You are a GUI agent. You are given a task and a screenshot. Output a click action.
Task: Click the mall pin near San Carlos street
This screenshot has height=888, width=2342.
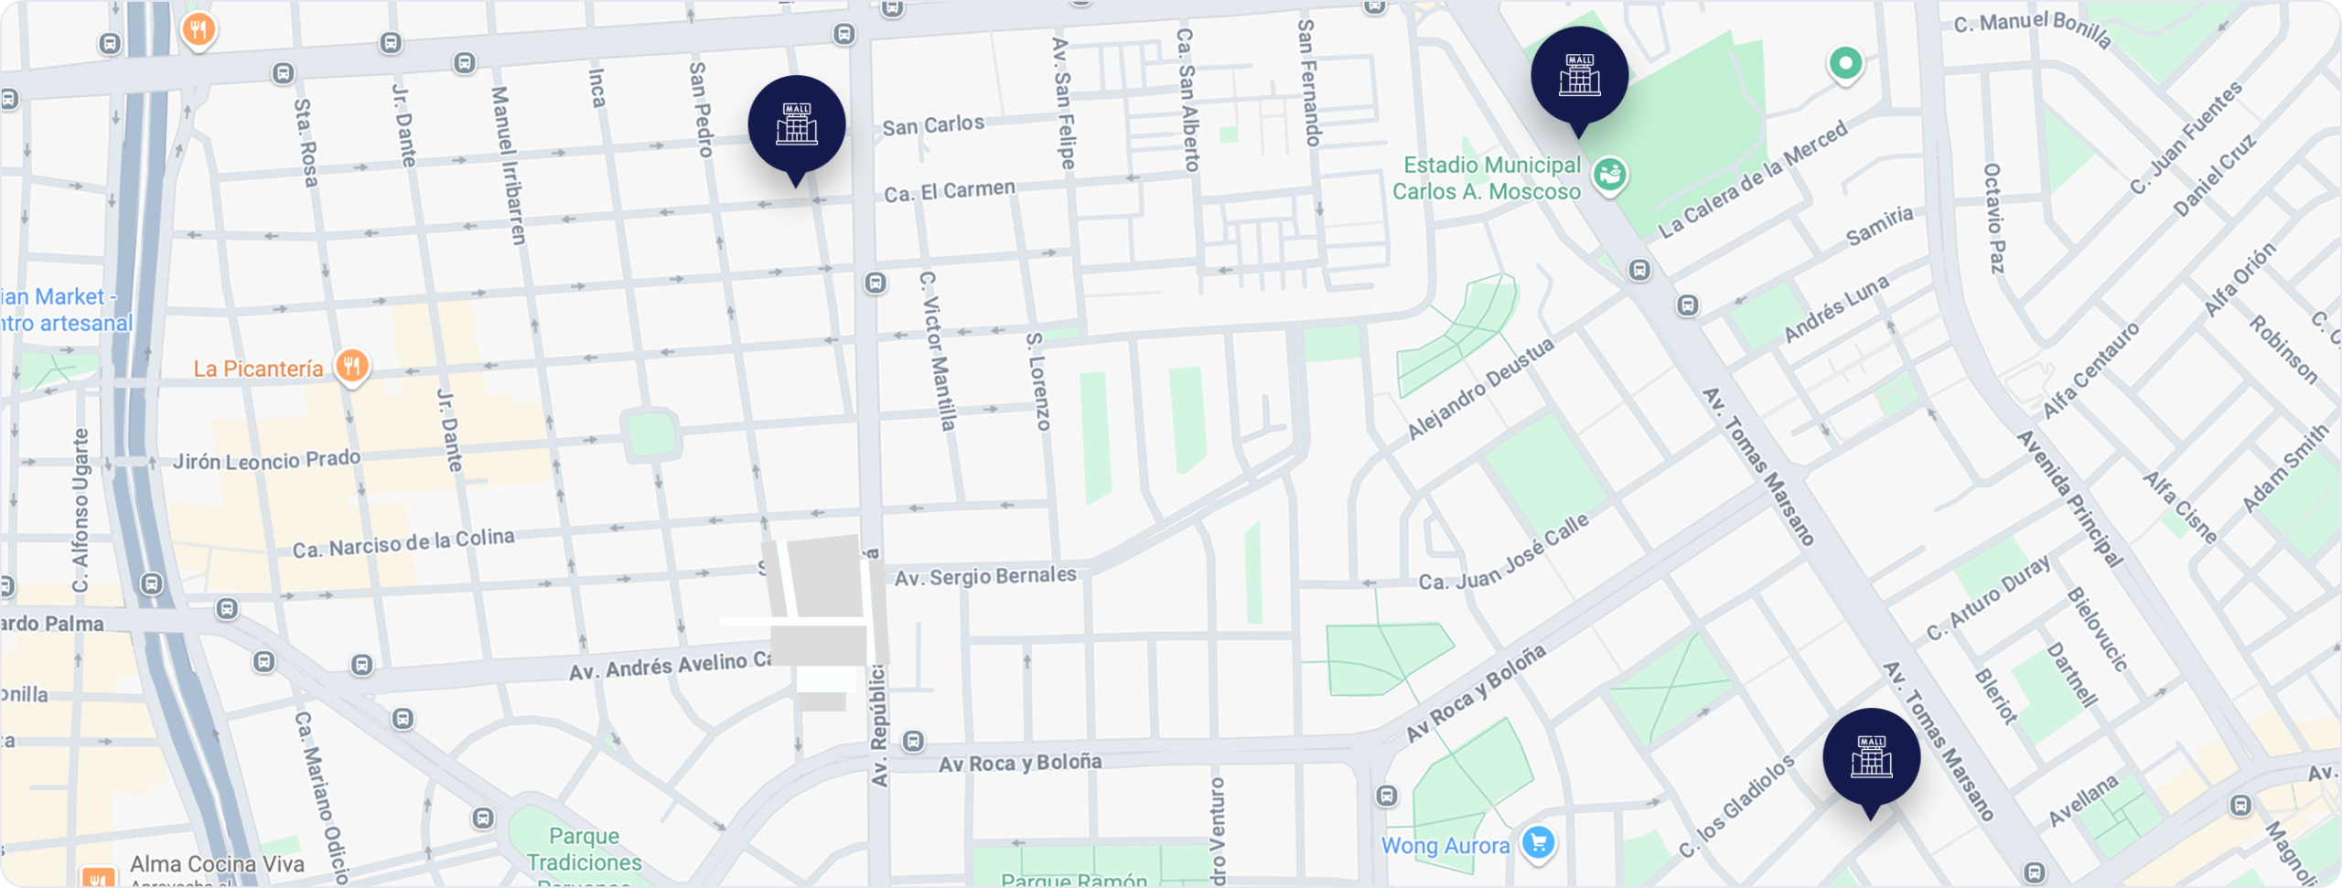[x=796, y=124]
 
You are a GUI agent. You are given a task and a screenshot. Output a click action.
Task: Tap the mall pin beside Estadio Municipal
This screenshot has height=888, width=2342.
[x=1579, y=75]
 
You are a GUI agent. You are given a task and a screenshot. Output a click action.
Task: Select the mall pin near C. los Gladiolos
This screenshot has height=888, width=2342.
[x=1871, y=756]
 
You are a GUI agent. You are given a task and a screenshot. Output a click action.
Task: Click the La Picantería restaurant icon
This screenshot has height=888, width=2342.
[x=351, y=367]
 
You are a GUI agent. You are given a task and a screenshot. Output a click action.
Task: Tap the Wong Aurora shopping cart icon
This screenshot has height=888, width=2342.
[x=1538, y=842]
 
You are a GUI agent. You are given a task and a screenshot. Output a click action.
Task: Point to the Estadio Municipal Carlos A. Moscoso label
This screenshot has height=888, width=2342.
[x=1488, y=178]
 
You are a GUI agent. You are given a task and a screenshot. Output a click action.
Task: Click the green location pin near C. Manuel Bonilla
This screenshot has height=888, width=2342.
[x=1845, y=64]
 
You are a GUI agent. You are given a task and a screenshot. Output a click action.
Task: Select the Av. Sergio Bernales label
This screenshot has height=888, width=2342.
[x=985, y=576]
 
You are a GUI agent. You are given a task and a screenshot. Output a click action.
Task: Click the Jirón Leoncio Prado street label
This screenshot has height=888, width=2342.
[x=266, y=460]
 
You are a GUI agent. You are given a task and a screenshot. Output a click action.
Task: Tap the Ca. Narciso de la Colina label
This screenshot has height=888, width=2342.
[x=403, y=543]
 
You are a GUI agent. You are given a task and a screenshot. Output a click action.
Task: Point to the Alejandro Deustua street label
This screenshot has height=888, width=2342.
[x=1479, y=389]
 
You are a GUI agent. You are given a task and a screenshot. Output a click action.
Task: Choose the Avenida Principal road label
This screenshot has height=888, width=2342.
[x=2068, y=498]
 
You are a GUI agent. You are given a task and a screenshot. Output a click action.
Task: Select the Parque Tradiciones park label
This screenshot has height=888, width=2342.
[x=584, y=850]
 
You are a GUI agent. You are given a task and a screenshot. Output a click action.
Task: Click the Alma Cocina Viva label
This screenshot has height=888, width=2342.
[x=217, y=864]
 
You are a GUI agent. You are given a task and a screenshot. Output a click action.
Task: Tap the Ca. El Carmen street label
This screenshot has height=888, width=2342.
[x=950, y=191]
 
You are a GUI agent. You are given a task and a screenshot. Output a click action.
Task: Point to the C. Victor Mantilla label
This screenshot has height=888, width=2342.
[x=937, y=350]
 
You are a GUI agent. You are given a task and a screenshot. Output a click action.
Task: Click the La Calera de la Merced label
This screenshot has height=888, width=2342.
[x=1753, y=180]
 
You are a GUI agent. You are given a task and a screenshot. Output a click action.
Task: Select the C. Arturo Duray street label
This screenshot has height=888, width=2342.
[x=1988, y=599]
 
